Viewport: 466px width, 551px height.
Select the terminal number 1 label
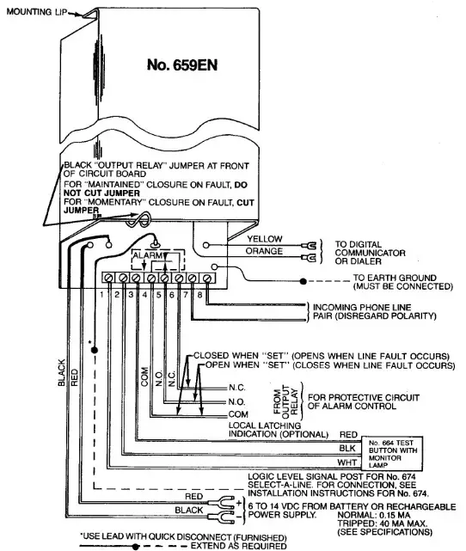101,295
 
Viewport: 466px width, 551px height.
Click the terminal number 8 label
199,295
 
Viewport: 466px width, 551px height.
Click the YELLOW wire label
264,239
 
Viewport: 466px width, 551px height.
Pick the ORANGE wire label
264,252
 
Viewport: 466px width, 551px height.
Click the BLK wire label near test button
348,449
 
